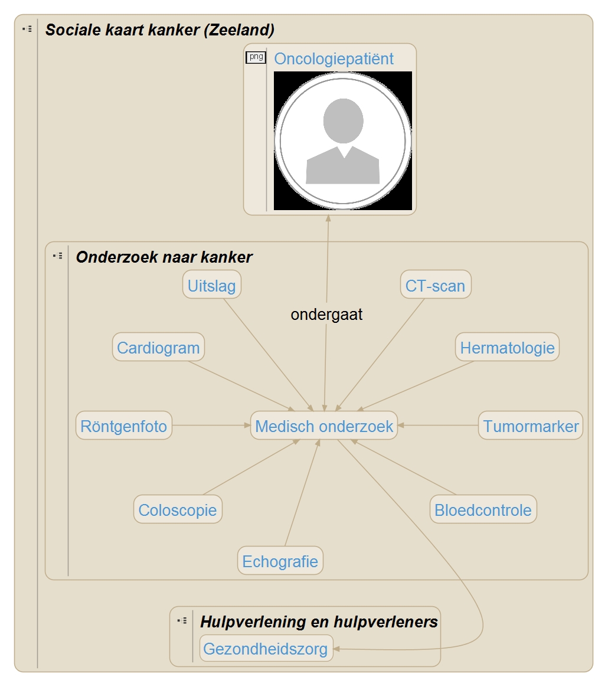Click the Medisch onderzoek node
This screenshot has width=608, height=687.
324,426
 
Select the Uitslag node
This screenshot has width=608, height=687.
211,286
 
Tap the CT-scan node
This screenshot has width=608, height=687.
435,286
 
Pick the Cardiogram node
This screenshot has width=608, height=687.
158,348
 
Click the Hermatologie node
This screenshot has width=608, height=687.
507,348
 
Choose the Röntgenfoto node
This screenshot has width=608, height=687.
124,426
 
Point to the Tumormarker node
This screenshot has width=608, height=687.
531,426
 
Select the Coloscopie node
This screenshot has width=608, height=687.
178,510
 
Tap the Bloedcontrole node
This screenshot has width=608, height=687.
483,510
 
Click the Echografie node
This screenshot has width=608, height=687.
280,561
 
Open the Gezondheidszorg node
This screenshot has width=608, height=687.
266,649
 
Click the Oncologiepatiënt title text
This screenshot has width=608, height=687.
334,59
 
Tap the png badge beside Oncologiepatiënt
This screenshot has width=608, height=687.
256,57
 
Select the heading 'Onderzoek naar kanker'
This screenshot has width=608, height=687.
164,257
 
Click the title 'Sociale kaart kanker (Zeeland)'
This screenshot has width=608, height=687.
159,30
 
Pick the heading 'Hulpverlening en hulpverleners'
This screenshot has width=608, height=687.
319,621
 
